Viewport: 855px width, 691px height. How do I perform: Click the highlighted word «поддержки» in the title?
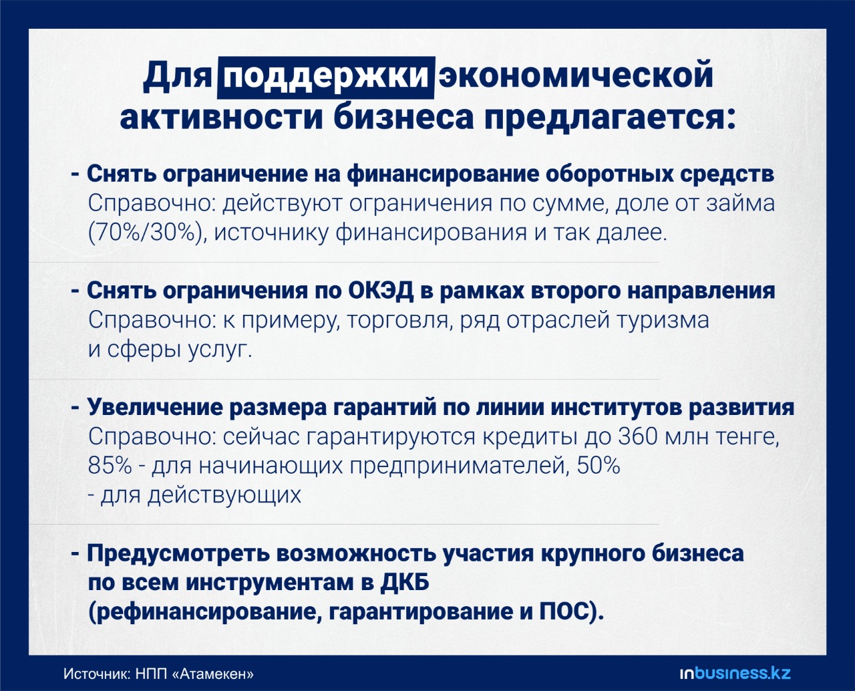click(325, 78)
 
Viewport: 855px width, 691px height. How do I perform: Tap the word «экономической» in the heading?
click(576, 76)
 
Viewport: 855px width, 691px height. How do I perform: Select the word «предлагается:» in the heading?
click(610, 118)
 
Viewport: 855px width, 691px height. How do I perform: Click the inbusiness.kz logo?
click(735, 674)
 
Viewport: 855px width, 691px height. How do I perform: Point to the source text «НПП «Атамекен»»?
click(194, 674)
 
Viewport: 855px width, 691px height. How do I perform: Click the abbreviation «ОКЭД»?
click(381, 290)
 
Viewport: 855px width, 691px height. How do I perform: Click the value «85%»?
click(110, 465)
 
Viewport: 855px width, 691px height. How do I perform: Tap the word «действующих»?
click(224, 495)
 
